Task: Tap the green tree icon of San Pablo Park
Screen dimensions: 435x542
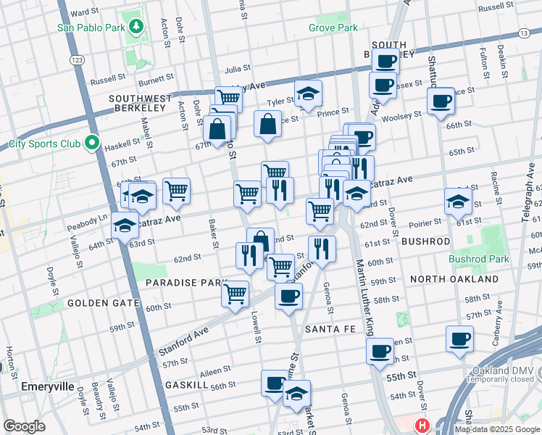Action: [135, 28]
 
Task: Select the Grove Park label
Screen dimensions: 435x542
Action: [333, 28]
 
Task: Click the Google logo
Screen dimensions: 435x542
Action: [24, 426]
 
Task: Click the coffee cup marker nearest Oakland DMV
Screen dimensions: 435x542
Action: [459, 339]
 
